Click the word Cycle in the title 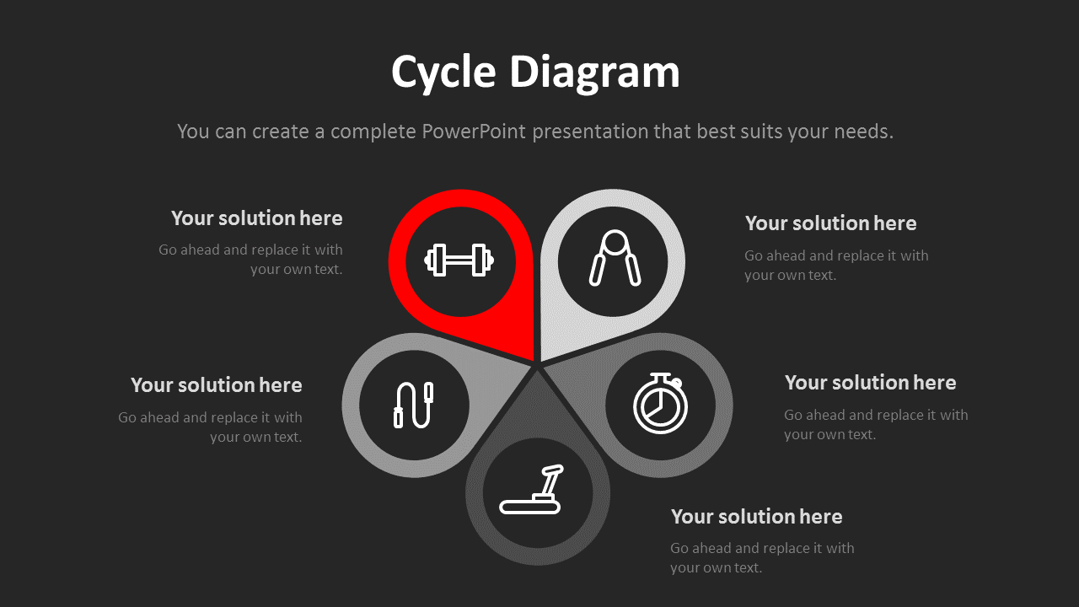[443, 73]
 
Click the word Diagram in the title [594, 73]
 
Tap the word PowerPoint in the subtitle [474, 132]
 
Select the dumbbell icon [459, 261]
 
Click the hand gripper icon [615, 259]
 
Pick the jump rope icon [413, 405]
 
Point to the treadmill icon [533, 491]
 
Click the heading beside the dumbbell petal [257, 218]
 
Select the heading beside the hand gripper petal [830, 223]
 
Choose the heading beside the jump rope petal [217, 385]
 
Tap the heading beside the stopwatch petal [870, 383]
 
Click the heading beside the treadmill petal [756, 516]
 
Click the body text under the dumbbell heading [251, 260]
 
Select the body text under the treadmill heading [762, 558]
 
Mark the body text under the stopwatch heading [876, 425]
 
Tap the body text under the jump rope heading [211, 427]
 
